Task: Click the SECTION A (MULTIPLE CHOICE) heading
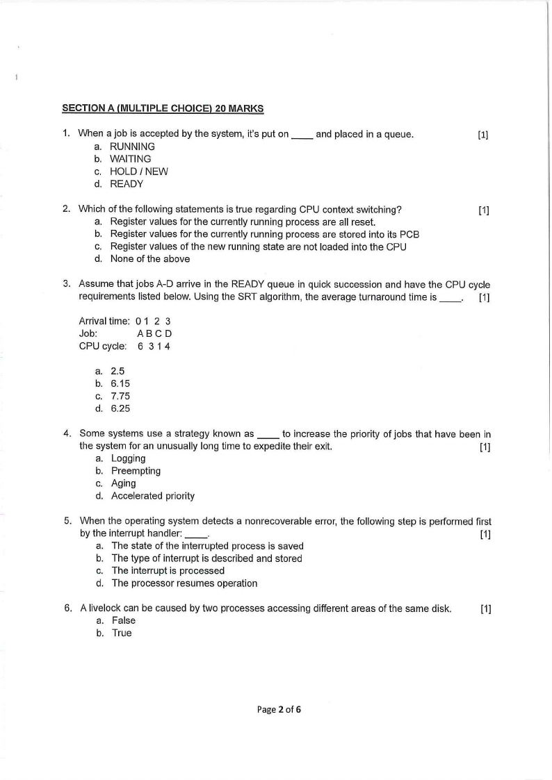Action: click(163, 108)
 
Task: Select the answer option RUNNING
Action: click(132, 147)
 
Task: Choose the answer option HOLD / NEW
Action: click(139, 172)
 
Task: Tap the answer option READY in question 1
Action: click(127, 184)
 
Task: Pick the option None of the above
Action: click(149, 259)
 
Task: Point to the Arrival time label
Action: click(104, 321)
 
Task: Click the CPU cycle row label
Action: click(103, 346)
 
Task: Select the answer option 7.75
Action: click(120, 396)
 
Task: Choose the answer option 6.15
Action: click(120, 383)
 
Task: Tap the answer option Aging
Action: click(124, 483)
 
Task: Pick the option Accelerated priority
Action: click(153, 496)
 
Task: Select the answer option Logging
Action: click(128, 458)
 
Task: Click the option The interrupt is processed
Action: click(168, 571)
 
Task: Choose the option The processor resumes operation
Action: click(184, 583)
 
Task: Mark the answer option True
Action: click(122, 633)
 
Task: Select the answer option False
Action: click(123, 621)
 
